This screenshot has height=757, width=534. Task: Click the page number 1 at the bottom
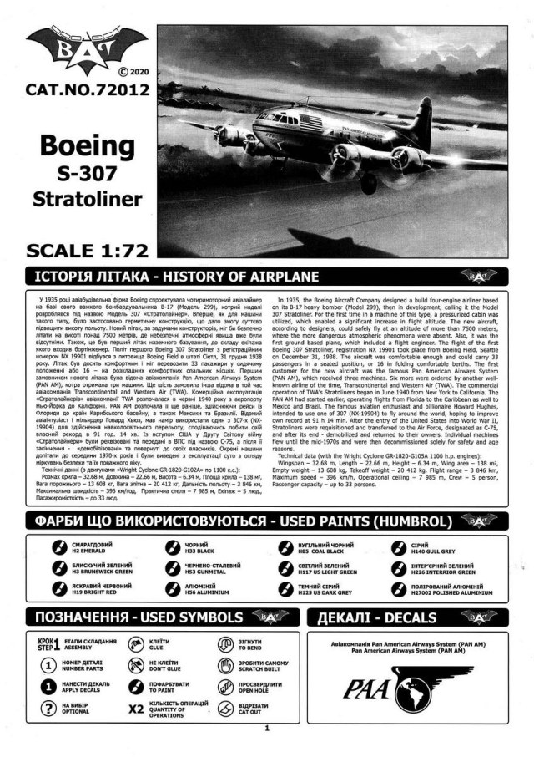pyautogui.click(x=266, y=729)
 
